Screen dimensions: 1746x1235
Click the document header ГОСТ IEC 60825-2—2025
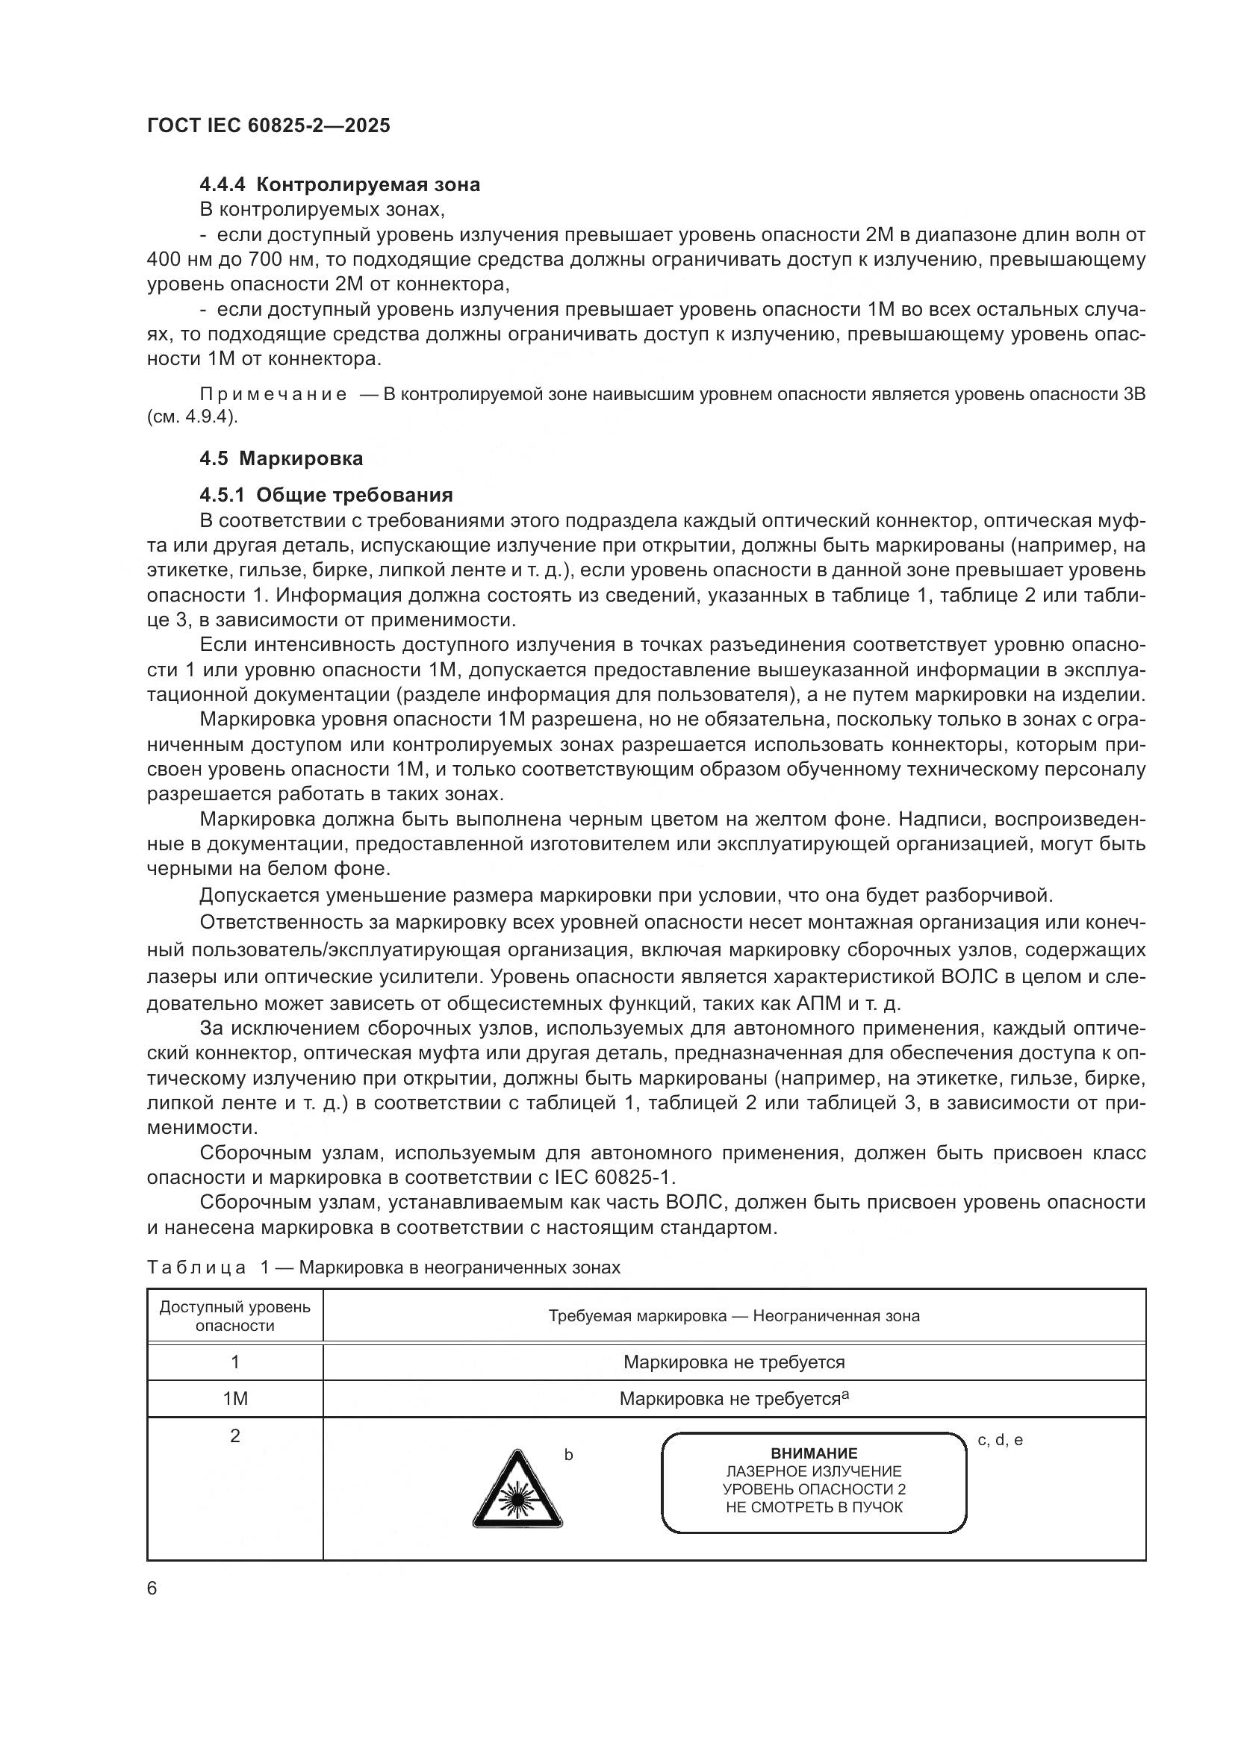click(268, 125)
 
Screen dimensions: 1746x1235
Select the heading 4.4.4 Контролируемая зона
click(340, 184)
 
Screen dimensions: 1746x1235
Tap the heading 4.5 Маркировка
click(281, 458)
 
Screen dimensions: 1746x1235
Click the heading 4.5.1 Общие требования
click(326, 495)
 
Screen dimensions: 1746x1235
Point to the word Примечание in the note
click(273, 394)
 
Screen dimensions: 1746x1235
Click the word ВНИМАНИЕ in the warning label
click(814, 1453)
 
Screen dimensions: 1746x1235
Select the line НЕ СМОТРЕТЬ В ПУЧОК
click(814, 1507)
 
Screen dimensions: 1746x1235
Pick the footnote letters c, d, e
click(1000, 1439)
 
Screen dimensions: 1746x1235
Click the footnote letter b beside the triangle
click(568, 1456)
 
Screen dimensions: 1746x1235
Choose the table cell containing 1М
click(235, 1398)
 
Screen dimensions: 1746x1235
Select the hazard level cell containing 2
click(235, 1435)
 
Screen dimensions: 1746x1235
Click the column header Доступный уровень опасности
click(235, 1316)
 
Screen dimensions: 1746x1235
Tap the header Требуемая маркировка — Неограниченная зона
click(734, 1316)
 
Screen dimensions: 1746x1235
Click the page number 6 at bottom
click(152, 1588)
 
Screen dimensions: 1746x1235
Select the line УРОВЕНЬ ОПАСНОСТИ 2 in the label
click(814, 1490)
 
